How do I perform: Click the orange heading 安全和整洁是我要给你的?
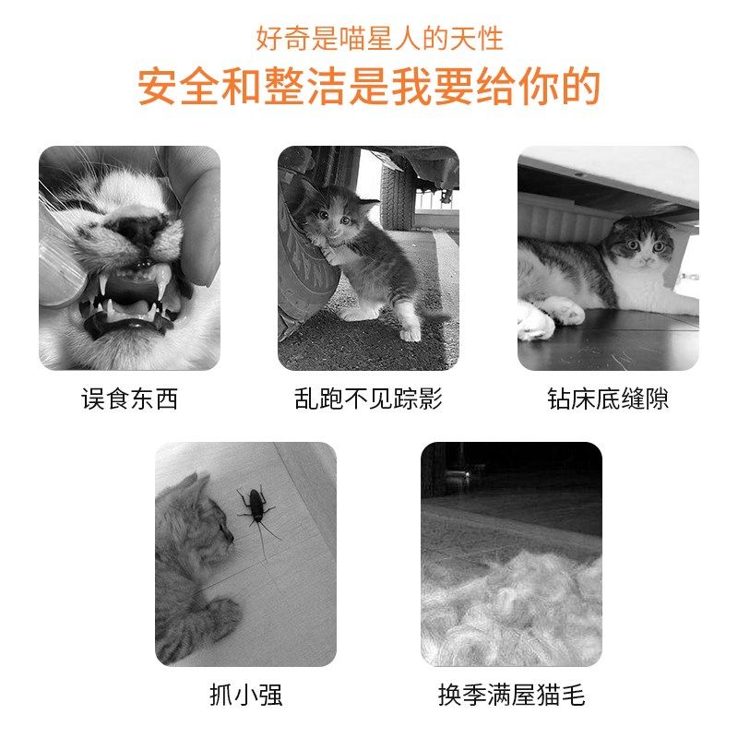[369, 87]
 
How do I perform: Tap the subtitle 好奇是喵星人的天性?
[379, 39]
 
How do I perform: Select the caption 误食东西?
[129, 399]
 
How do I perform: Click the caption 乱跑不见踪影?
[368, 399]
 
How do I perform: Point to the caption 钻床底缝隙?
[608, 399]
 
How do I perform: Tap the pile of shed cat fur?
[512, 609]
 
